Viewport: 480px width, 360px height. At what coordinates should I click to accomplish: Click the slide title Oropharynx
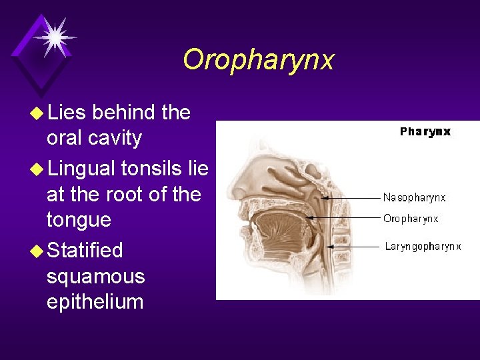258,60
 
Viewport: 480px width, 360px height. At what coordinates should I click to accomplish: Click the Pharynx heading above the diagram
425,131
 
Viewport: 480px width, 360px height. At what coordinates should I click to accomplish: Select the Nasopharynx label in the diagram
414,197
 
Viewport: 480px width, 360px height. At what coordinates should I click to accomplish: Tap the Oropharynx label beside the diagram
411,219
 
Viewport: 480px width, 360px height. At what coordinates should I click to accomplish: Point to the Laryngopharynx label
423,247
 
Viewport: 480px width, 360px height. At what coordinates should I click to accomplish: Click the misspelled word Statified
85,250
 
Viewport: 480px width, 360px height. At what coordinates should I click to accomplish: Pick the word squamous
95,276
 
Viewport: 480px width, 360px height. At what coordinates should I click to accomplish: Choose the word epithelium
95,301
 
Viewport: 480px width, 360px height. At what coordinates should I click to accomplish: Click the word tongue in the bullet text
79,220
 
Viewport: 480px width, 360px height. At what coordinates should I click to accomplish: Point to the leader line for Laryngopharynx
353,247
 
